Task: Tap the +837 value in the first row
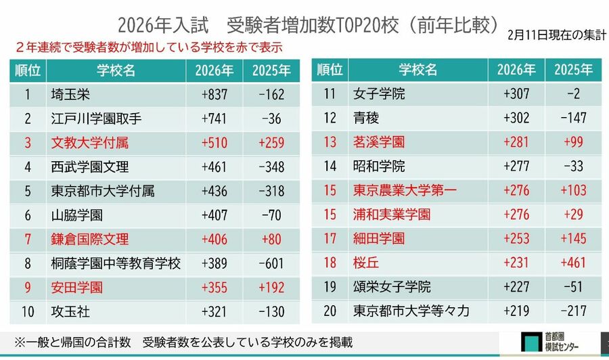pyautogui.click(x=215, y=94)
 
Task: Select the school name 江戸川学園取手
pyautogui.click(x=96, y=118)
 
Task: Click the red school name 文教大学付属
pyautogui.click(x=89, y=143)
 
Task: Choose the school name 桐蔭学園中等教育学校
pyautogui.click(x=116, y=264)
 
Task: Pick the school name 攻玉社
pyautogui.click(x=70, y=312)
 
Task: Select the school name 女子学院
pyautogui.click(x=379, y=94)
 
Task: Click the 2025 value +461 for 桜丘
pyautogui.click(x=573, y=263)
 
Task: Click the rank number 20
pyautogui.click(x=330, y=311)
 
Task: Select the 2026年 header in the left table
pyautogui.click(x=215, y=70)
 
